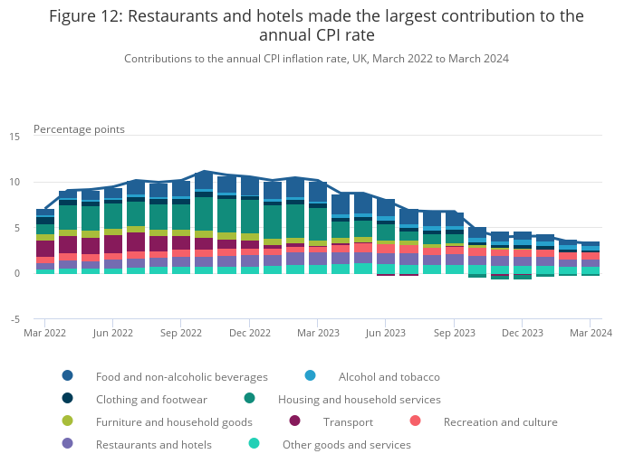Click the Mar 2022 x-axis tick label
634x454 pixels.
(45, 333)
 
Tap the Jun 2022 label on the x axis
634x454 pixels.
(113, 333)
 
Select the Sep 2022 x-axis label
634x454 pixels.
(181, 333)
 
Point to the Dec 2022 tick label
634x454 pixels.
(250, 333)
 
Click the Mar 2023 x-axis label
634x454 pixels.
(318, 333)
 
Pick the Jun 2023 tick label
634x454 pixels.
(386, 333)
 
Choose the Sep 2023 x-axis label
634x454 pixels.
(454, 333)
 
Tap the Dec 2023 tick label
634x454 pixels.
(523, 333)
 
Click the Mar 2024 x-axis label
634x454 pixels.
(590, 333)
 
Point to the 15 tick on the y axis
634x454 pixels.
(14, 137)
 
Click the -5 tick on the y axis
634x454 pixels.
(14, 319)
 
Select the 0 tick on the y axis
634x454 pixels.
(16, 273)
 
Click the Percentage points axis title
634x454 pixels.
(79, 128)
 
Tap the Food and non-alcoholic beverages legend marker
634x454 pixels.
(68, 376)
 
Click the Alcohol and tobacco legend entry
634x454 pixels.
(389, 376)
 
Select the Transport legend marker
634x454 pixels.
(294, 421)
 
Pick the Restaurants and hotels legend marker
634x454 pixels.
(68, 444)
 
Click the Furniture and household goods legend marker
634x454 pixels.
(68, 421)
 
